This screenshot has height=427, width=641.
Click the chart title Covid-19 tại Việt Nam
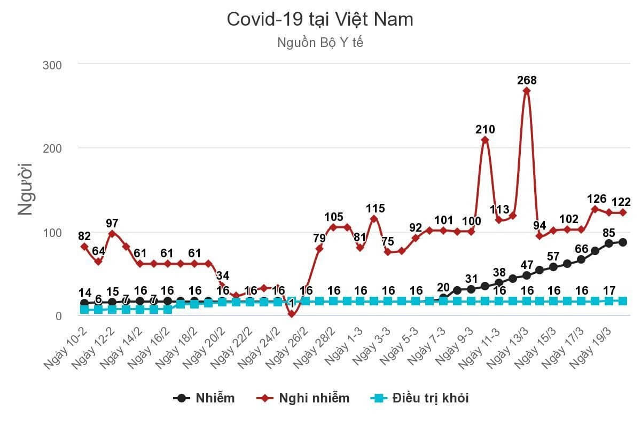click(320, 20)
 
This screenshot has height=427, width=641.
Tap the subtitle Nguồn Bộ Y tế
click(320, 43)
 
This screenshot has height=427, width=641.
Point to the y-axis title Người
click(25, 189)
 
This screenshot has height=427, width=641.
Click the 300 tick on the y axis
click(52, 65)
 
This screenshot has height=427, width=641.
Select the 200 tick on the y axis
click(52, 148)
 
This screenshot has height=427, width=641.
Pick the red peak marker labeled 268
click(527, 91)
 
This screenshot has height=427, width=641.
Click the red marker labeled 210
click(485, 140)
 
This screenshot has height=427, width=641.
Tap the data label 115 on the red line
click(375, 209)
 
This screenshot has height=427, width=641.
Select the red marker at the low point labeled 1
click(292, 315)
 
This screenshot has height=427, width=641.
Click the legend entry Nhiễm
click(205, 398)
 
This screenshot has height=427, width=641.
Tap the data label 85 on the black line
click(608, 233)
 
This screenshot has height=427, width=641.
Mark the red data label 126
click(596, 199)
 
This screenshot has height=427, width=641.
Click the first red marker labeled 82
click(84, 247)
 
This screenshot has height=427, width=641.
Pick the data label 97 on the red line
click(112, 223)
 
